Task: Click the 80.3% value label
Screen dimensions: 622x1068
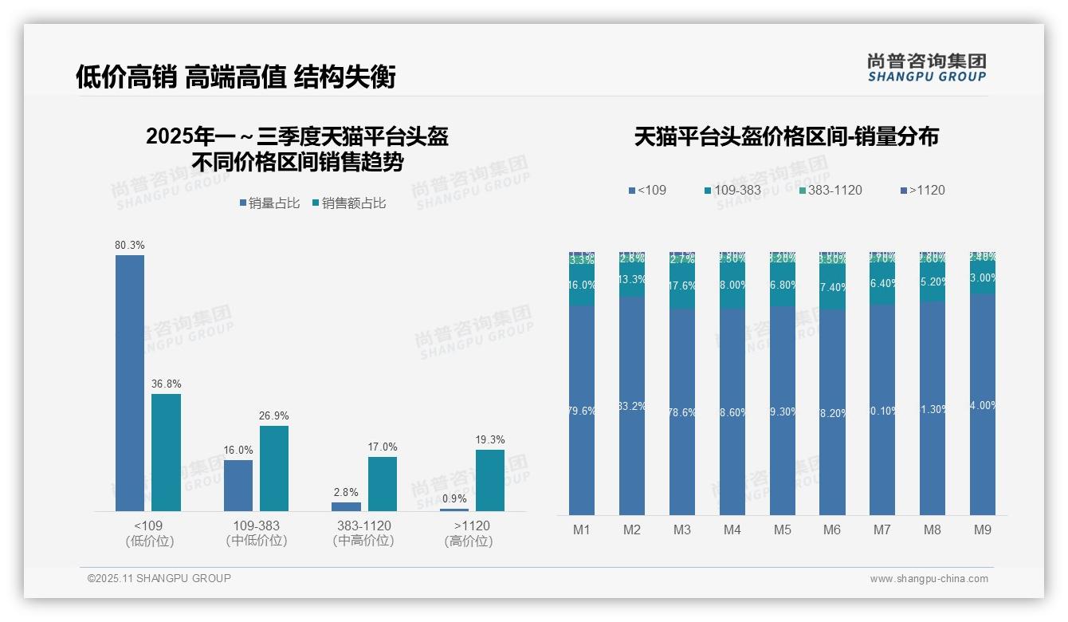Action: coord(130,246)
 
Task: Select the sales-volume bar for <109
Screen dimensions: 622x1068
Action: coord(130,383)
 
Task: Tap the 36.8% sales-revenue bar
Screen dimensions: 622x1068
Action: coord(166,452)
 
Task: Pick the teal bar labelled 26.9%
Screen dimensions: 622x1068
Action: coord(274,468)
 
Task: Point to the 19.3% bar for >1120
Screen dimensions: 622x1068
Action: coord(490,480)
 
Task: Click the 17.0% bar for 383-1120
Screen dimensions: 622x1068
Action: coord(383,483)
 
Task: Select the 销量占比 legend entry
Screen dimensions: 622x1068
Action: coord(269,203)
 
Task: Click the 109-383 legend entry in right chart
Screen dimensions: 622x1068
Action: coord(732,191)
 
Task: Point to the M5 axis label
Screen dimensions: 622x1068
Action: coord(782,529)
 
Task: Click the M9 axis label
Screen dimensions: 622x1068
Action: coord(983,529)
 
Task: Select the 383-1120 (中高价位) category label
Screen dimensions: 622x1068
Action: coord(363,533)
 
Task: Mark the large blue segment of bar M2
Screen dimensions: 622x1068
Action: coord(632,406)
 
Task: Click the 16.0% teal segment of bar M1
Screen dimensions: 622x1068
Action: coord(582,285)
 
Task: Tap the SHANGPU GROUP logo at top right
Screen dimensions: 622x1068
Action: coord(926,68)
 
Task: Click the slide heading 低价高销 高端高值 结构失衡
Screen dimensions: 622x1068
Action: coord(236,77)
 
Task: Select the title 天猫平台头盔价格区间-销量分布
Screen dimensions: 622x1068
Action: coord(786,137)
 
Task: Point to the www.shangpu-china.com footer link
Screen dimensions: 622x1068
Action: coord(929,579)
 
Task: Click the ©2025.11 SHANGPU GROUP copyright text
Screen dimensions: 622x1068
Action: coord(159,578)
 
